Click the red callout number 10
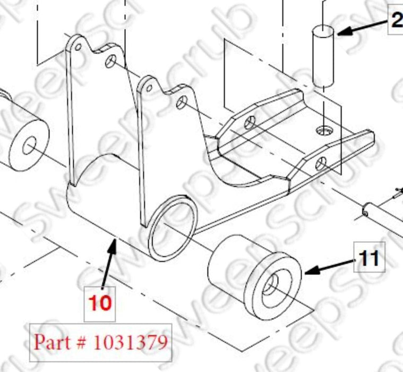[x=100, y=302]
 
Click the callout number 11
[x=368, y=259]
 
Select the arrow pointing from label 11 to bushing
[x=329, y=266]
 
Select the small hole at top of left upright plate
[x=78, y=47]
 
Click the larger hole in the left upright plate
[x=111, y=62]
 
